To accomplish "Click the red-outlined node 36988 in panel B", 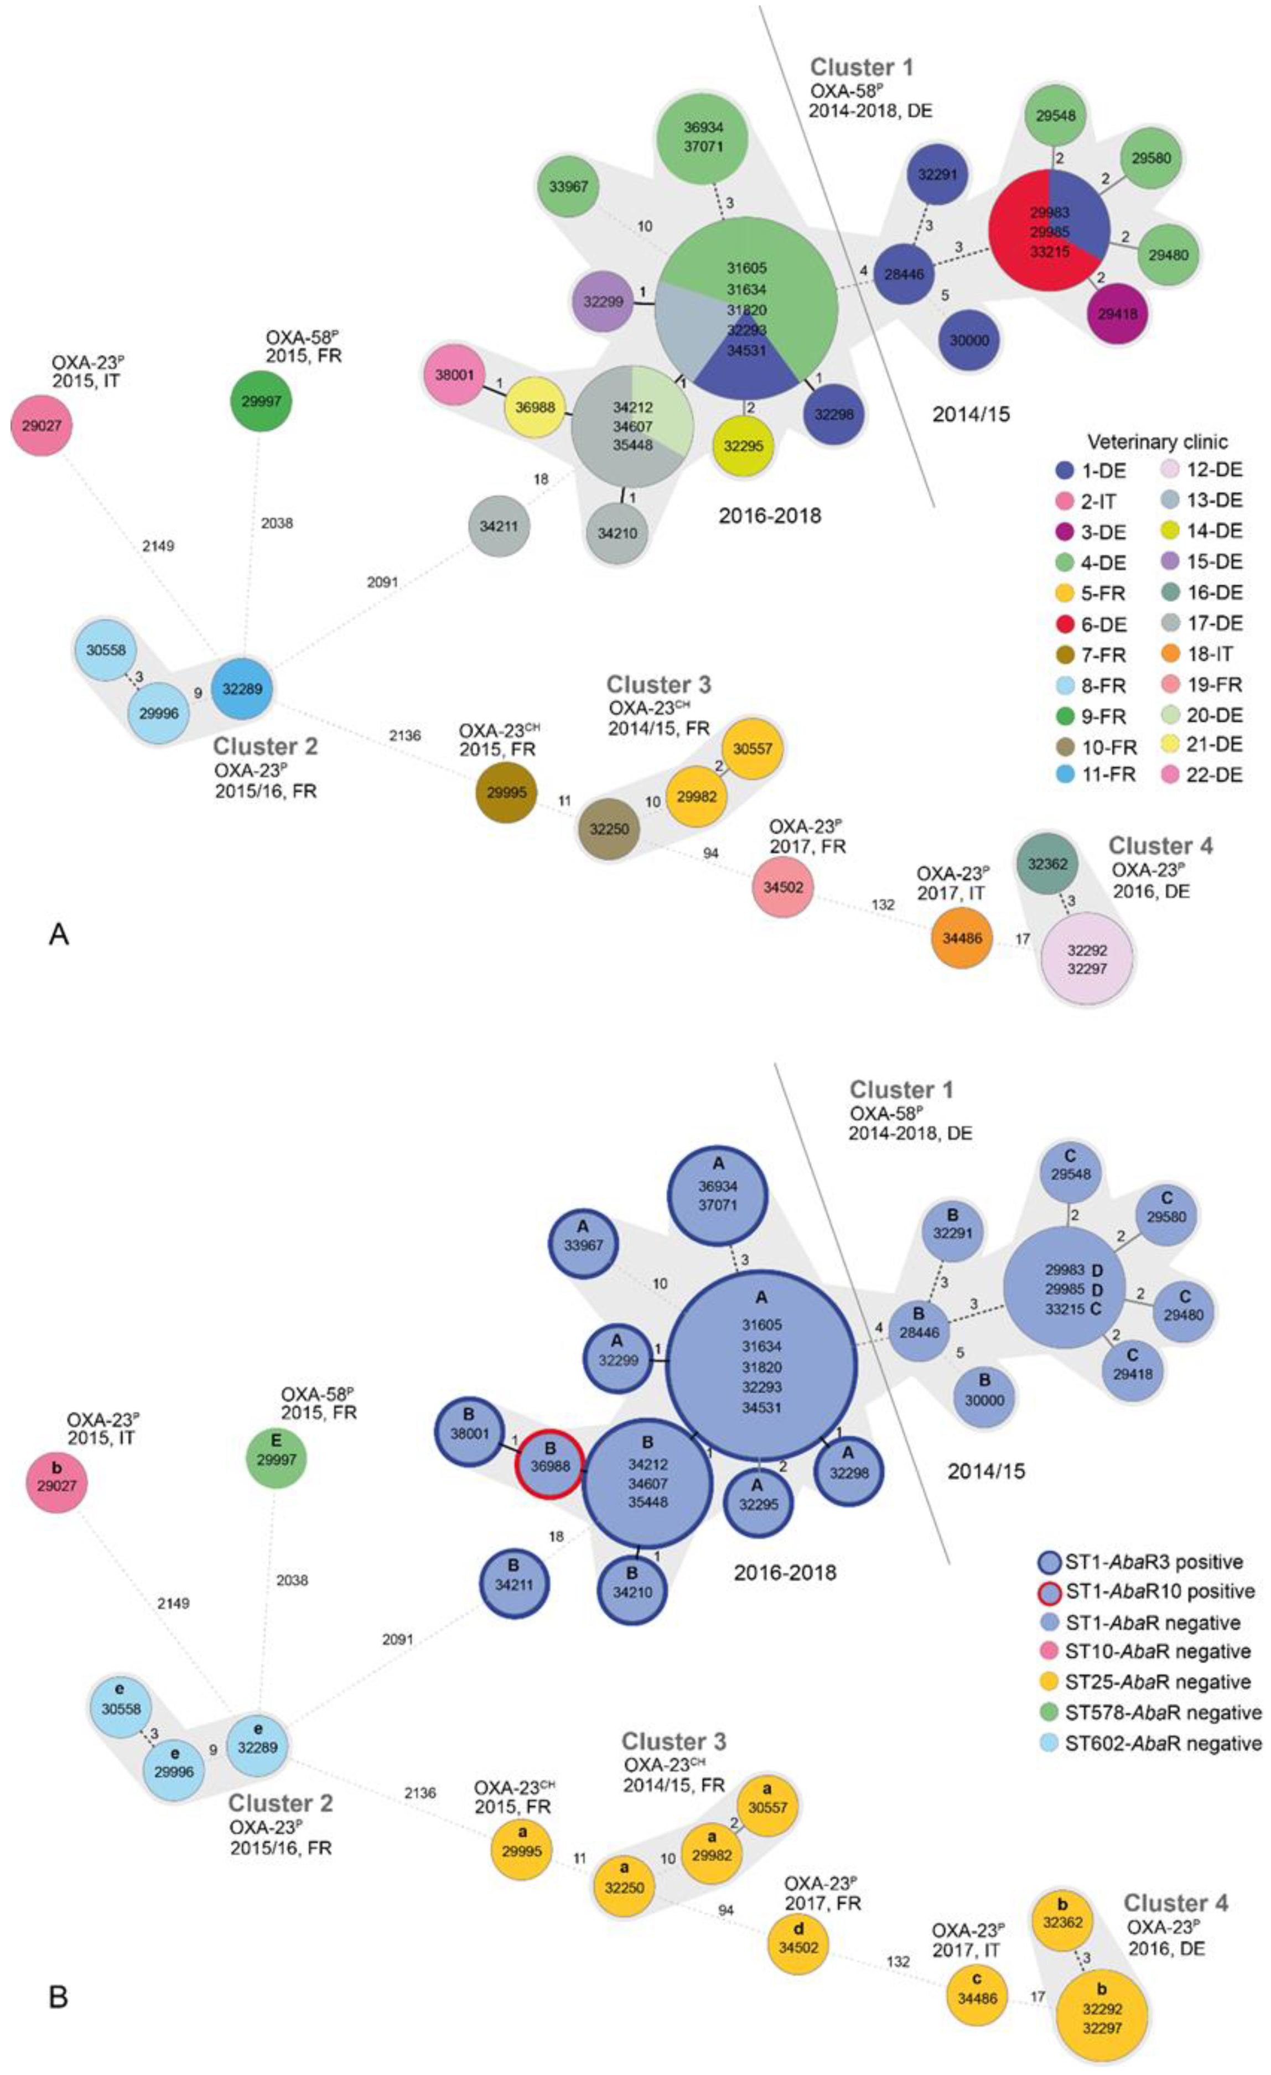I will coord(549,1466).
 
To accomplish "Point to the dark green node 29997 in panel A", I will coord(261,402).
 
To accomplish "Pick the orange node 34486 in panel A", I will coord(962,937).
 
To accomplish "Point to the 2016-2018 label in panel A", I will coord(769,514).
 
